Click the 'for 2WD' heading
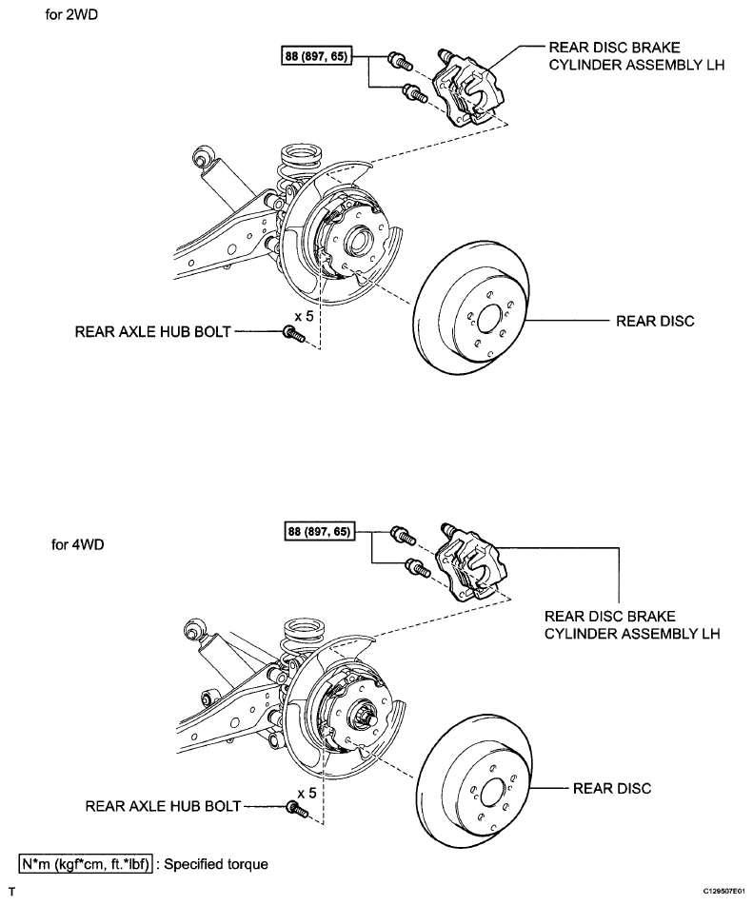(71, 14)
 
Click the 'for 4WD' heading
(77, 544)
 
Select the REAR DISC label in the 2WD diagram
(655, 321)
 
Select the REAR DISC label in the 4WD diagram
(611, 788)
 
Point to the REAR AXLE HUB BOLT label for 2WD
(153, 332)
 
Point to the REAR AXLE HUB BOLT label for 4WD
(163, 806)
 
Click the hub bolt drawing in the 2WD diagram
(294, 334)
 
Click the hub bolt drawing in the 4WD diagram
(298, 809)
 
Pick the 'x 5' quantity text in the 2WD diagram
(305, 317)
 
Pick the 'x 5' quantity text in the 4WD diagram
(307, 793)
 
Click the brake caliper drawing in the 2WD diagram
(467, 88)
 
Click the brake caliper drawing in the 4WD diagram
(470, 562)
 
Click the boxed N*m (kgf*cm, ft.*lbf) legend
(86, 864)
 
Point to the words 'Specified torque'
(216, 865)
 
